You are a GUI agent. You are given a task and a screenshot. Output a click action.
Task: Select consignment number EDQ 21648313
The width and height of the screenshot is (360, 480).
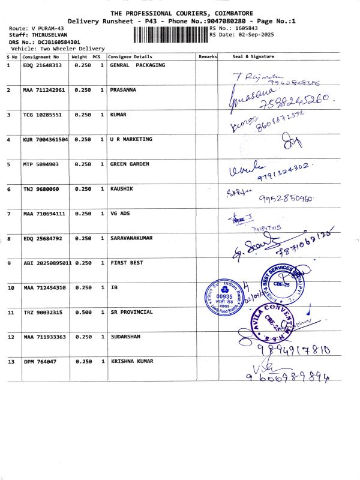click(42, 65)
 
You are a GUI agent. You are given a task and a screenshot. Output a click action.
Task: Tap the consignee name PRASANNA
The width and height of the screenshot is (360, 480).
click(123, 89)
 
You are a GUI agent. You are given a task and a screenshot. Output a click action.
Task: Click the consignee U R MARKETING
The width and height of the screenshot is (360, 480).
click(131, 139)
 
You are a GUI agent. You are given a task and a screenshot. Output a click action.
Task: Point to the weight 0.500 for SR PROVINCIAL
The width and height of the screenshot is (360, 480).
click(83, 312)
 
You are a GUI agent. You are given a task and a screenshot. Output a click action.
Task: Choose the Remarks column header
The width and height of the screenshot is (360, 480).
click(207, 56)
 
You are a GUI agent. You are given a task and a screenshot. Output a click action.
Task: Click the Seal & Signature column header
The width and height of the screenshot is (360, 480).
click(253, 56)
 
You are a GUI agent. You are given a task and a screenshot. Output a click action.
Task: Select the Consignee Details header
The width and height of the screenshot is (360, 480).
click(130, 56)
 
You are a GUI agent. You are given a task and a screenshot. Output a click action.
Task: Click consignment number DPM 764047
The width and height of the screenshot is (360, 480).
click(40, 361)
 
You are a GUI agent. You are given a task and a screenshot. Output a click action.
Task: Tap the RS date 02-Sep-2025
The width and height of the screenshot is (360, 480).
click(248, 35)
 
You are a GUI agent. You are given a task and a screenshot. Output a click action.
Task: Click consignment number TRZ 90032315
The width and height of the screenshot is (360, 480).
click(42, 312)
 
